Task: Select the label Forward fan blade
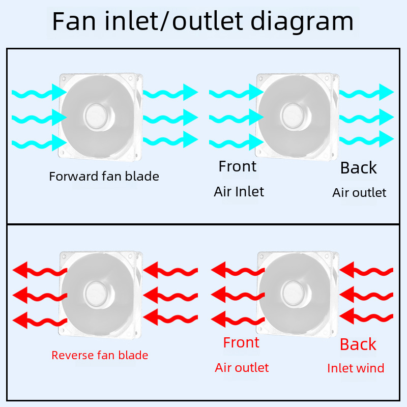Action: point(104,177)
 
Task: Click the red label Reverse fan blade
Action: point(100,355)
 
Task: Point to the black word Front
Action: point(238,166)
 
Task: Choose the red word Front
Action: point(241,343)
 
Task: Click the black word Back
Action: point(359,168)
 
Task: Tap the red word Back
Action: point(358,344)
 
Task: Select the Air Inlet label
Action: point(239,192)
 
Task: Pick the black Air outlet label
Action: point(359,193)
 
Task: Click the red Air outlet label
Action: point(242,368)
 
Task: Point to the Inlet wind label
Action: point(356,368)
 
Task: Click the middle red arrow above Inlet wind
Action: point(366,294)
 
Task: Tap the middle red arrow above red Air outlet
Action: point(237,294)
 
